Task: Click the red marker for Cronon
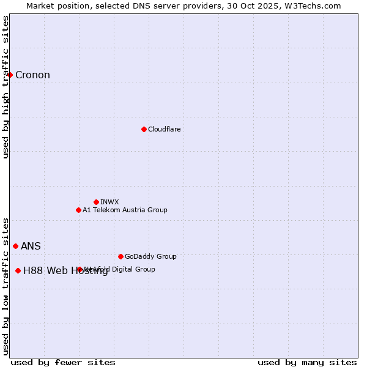pos(10,75)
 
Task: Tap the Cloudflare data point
pos(144,129)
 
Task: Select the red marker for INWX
pos(96,202)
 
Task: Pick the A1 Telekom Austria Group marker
pos(78,210)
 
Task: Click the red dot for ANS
pos(15,246)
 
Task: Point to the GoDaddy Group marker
pos(120,256)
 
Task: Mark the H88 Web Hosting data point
pos(18,270)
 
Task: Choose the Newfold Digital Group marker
pos(80,269)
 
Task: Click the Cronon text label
pos(32,75)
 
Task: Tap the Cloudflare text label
pos(164,129)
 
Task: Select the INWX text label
pos(109,202)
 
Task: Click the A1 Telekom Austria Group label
pos(125,210)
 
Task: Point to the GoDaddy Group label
pos(150,256)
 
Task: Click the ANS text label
pos(31,247)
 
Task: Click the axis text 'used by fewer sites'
pos(63,362)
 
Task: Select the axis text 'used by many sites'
pos(307,362)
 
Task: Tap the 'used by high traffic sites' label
pos(6,87)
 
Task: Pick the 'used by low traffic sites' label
pos(6,286)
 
